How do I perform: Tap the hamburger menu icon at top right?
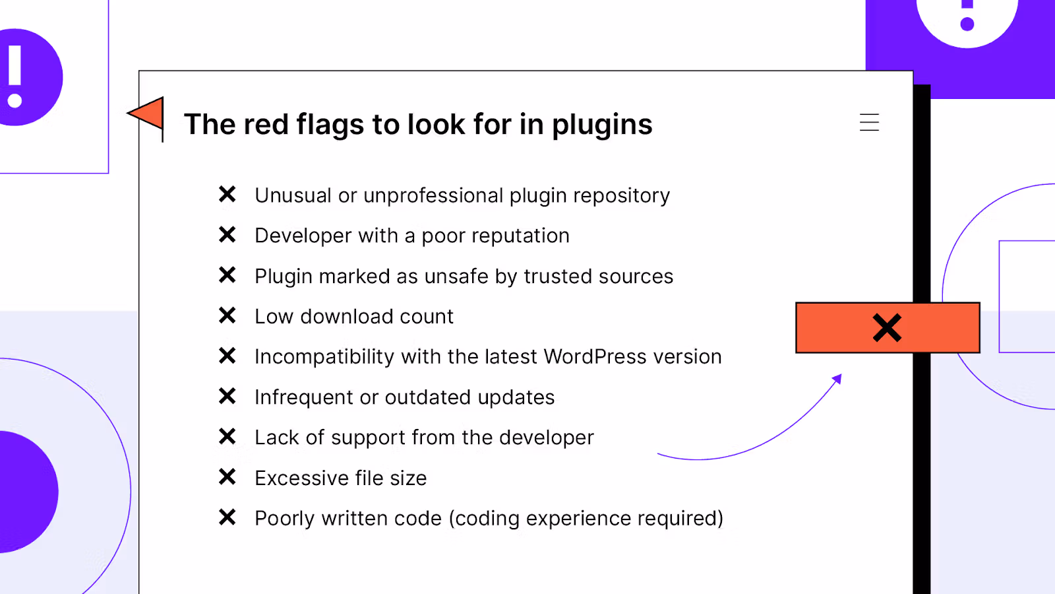(869, 123)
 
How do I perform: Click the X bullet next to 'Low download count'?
(227, 315)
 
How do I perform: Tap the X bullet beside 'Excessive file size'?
(227, 477)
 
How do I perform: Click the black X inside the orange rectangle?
(887, 327)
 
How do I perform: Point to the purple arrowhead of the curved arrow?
(837, 379)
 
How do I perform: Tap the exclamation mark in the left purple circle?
(15, 75)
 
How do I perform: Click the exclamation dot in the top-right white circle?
(967, 24)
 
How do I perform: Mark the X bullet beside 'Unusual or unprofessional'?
(227, 194)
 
